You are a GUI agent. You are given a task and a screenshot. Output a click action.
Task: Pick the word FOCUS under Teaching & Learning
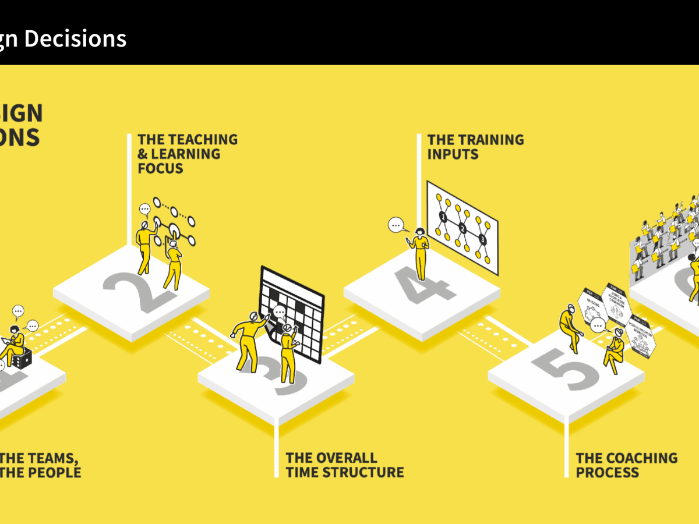[x=160, y=169]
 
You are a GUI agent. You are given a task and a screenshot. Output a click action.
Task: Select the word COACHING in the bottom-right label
[x=640, y=458]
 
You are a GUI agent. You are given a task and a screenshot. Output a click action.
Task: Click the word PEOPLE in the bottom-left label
[x=48, y=472]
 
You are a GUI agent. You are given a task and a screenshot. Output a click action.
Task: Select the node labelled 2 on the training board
[x=463, y=228]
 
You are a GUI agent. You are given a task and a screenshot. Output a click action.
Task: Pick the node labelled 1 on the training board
[x=443, y=218]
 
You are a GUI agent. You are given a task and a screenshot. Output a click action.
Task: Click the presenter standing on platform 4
[x=420, y=253]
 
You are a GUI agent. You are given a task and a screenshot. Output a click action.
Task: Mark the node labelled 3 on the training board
[x=482, y=239]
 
